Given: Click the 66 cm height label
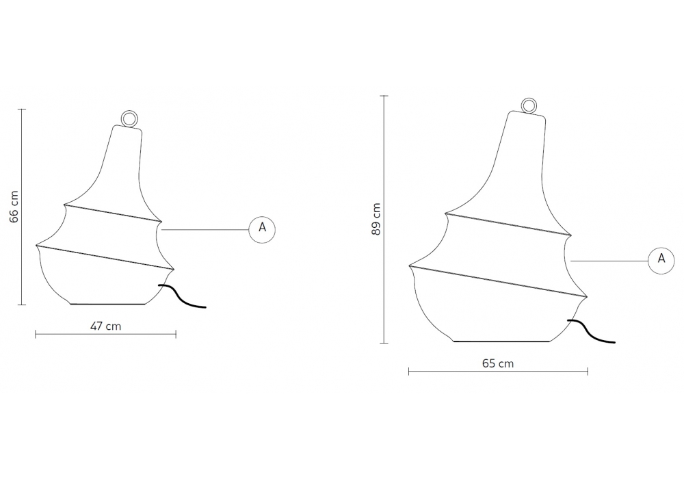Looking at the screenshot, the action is tap(14, 207).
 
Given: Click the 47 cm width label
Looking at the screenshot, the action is tap(105, 326).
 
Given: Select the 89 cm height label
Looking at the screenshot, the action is tap(376, 219).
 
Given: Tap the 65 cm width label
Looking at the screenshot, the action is tap(498, 363).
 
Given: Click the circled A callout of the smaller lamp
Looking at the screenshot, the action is tap(262, 229).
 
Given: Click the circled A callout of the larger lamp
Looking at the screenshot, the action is tap(661, 261).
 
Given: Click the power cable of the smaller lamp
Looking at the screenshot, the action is tap(181, 297).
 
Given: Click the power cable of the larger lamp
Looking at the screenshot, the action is tap(591, 332).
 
